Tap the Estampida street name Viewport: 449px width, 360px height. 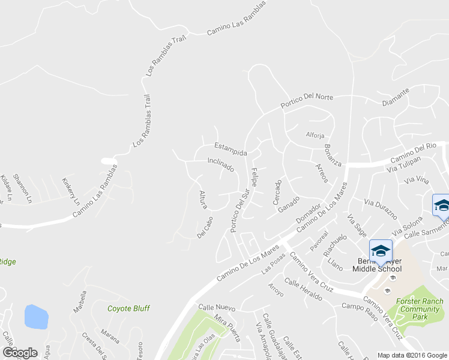tap(231, 149)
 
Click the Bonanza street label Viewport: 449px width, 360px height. tap(333, 155)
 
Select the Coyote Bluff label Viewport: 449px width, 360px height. tap(128, 308)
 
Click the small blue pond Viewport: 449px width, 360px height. tap(36, 316)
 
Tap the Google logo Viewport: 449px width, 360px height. tap(20, 353)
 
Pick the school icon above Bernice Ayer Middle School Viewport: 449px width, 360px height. tap(381, 250)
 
